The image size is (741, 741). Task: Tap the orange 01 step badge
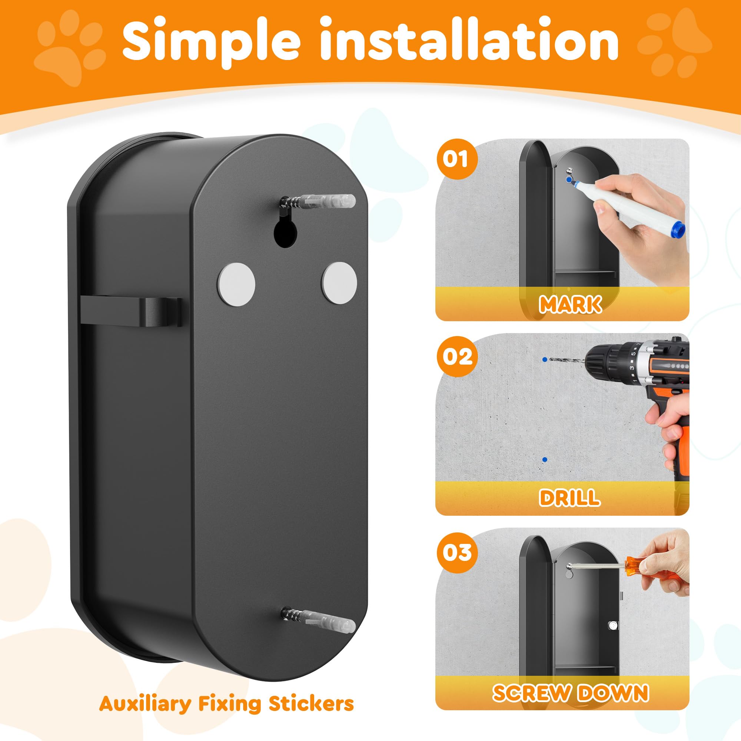(x=456, y=159)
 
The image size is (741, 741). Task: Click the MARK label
(x=570, y=304)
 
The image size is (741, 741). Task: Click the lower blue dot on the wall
(x=545, y=459)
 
